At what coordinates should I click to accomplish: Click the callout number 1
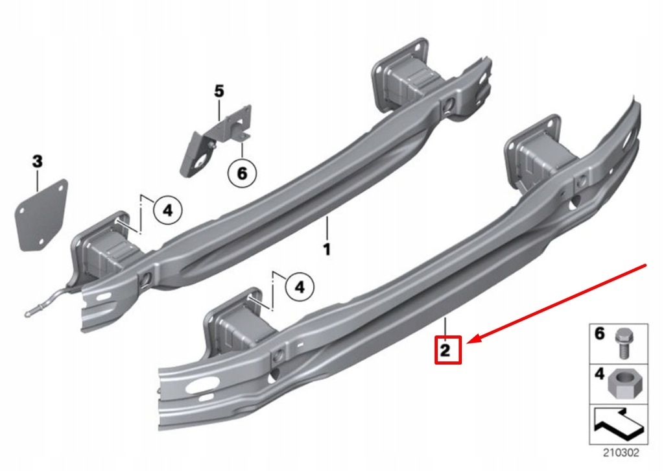point(327,248)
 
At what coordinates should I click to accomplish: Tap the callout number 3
point(37,162)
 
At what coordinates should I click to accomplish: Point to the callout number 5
point(219,91)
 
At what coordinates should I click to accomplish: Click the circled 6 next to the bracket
point(242,173)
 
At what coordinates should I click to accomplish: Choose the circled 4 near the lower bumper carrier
point(299,285)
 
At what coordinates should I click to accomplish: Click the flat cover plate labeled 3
point(41,214)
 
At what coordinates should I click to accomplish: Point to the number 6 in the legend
point(600,334)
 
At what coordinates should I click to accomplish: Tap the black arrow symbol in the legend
point(617,425)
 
